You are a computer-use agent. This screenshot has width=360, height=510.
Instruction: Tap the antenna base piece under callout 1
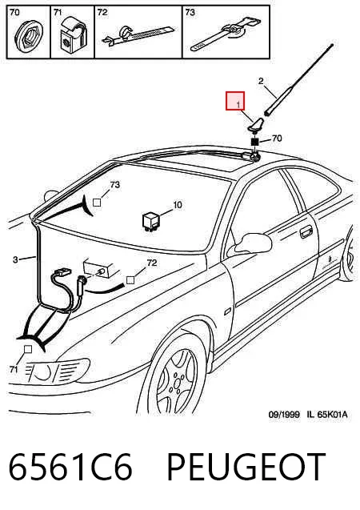256,125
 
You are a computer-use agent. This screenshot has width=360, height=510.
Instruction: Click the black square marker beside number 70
255,142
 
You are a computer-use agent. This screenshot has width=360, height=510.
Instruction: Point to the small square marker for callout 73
97,203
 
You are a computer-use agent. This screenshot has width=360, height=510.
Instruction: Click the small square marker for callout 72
130,279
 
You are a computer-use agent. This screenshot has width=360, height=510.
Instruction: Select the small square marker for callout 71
28,349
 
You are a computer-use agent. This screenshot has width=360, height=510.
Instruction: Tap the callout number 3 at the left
15,259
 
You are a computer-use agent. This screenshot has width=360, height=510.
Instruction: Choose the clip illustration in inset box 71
73,34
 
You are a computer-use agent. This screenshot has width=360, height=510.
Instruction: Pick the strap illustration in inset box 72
138,34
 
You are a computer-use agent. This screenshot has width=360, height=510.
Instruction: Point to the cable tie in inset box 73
226,35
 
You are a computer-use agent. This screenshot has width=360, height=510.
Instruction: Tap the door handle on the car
305,233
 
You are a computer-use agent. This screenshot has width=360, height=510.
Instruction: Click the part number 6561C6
70,467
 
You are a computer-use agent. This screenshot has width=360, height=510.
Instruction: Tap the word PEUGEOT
246,467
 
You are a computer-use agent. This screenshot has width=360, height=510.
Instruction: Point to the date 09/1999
284,415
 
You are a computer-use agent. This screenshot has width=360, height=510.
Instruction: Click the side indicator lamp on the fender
228,311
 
